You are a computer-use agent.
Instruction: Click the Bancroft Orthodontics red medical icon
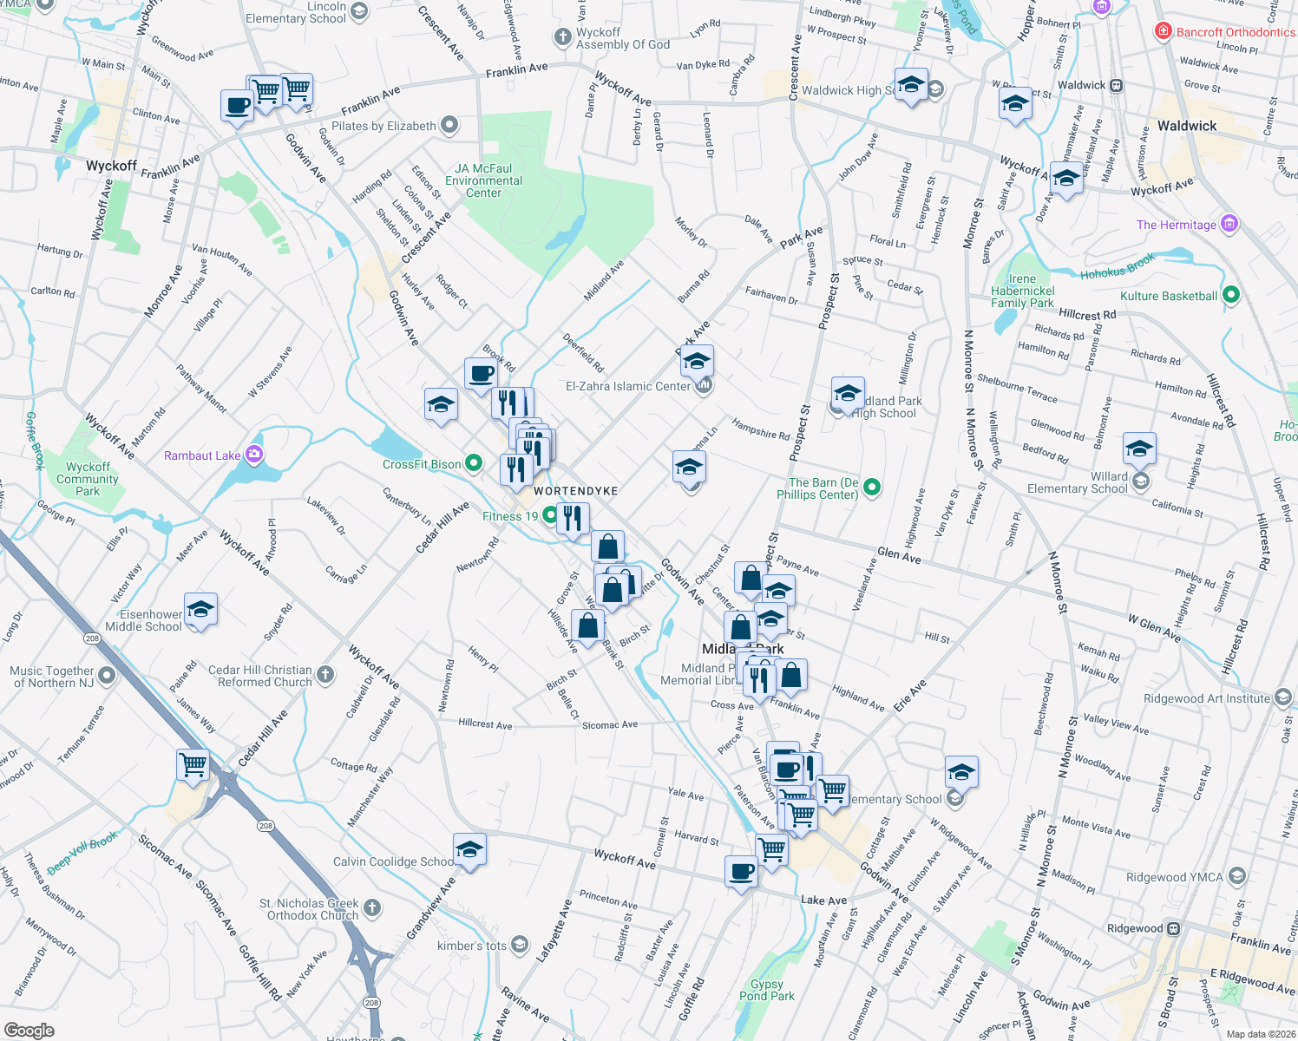[x=1164, y=32]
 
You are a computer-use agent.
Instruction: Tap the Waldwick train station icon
[x=1117, y=85]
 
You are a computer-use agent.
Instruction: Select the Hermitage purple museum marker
[x=1229, y=224]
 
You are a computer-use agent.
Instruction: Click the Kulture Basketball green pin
[x=1230, y=296]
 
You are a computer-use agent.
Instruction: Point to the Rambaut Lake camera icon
[x=253, y=454]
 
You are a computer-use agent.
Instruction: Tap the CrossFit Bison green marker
[x=474, y=463]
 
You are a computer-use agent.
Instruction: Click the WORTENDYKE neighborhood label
[x=576, y=491]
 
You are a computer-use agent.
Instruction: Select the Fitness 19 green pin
[x=550, y=516]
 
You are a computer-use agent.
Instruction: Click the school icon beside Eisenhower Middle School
[x=200, y=611]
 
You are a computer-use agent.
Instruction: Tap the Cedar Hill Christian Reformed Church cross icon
[x=325, y=675]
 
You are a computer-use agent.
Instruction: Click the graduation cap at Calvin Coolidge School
[x=469, y=850]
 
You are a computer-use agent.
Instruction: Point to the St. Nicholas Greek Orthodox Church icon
[x=371, y=908]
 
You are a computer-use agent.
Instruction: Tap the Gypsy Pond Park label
[x=766, y=990]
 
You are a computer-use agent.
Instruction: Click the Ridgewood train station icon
[x=1173, y=928]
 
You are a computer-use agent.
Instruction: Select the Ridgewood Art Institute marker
[x=1283, y=697]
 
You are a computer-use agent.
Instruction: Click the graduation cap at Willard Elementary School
[x=1138, y=449]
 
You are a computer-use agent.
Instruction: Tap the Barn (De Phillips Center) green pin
[x=872, y=488]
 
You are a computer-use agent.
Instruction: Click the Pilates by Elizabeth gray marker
[x=449, y=125]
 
